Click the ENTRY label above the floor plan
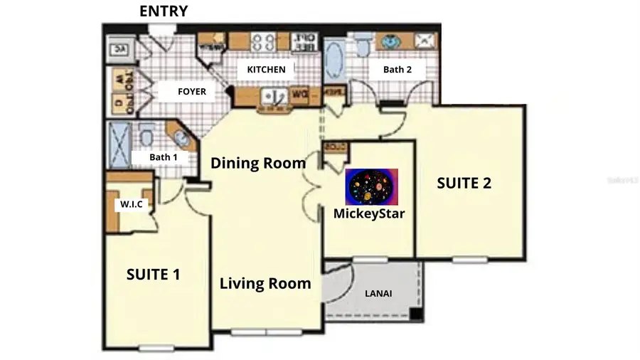[164, 11]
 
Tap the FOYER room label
[191, 92]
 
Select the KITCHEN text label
[266, 70]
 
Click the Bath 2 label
[398, 70]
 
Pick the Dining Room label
[258, 163]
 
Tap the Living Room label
[265, 283]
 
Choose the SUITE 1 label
[153, 274]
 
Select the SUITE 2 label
[464, 183]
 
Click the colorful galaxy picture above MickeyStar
[371, 186]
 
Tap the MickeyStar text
[369, 212]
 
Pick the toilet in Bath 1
[147, 134]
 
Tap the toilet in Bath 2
[361, 47]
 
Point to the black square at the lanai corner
[416, 314]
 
